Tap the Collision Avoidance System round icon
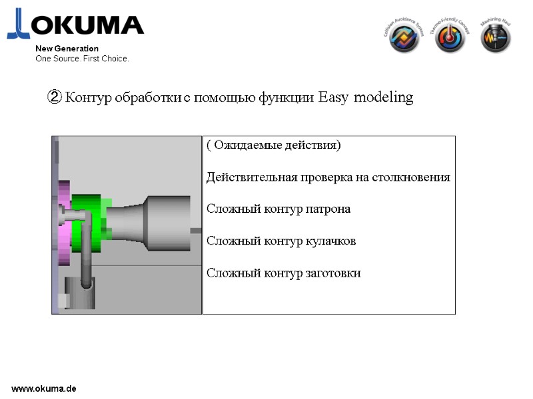coord(404,39)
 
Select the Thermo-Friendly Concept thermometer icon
coord(450,39)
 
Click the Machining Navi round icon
coord(496,39)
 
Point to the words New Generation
coord(67,49)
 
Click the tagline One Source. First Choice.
coord(82,59)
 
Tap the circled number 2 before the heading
coord(54,98)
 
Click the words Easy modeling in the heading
coord(366,98)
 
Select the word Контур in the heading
coord(89,98)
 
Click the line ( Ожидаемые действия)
coord(273,146)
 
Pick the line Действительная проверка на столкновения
coord(328,178)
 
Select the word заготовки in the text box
coord(332,273)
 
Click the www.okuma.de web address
coord(44,388)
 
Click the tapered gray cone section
coord(126,223)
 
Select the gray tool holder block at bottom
coord(79,294)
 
